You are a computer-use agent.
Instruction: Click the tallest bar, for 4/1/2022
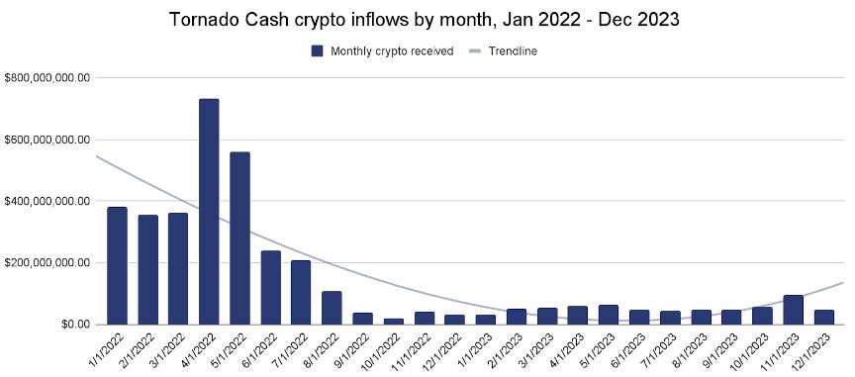[209, 212]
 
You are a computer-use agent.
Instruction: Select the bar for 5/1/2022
[239, 238]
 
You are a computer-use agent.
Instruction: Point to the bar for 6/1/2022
[270, 287]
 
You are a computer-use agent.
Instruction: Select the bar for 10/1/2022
[393, 321]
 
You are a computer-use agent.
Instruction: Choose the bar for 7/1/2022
[301, 292]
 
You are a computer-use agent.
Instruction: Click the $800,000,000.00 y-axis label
[47, 77]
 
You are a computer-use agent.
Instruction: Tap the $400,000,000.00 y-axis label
[47, 201]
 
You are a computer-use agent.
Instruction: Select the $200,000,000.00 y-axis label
[47, 263]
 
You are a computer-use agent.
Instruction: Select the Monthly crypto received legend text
[393, 51]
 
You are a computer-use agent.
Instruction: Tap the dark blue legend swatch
[317, 51]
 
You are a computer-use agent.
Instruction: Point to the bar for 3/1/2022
[178, 268]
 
